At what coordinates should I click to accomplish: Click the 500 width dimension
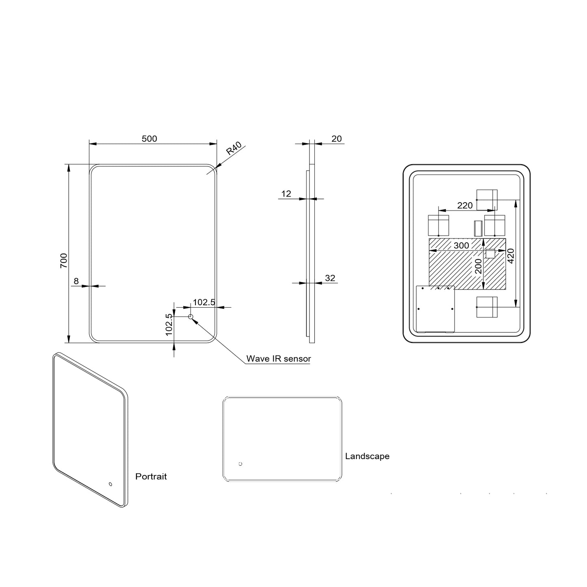[x=149, y=139]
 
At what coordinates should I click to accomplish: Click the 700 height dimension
[x=64, y=260]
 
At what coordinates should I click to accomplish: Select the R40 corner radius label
[x=234, y=149]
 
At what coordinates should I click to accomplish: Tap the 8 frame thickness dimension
[x=76, y=281]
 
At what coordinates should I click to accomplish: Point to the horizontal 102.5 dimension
[x=204, y=302]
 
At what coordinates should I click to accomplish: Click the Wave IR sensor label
[x=278, y=359]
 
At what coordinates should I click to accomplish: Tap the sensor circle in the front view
[x=191, y=317]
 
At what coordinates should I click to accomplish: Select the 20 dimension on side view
[x=336, y=139]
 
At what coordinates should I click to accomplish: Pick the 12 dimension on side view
[x=286, y=194]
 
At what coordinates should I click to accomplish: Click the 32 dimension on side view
[x=330, y=278]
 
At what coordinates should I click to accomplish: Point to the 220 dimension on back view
[x=465, y=205]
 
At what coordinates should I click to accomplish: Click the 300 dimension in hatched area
[x=461, y=246]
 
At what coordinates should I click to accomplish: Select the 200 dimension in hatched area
[x=478, y=266]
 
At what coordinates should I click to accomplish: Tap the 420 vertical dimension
[x=511, y=255]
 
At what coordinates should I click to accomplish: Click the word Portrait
[x=151, y=477]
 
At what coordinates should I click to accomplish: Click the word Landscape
[x=367, y=456]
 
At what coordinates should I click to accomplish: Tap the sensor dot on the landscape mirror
[x=240, y=464]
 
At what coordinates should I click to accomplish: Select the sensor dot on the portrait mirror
[x=110, y=484]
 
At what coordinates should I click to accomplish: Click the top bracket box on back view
[x=487, y=200]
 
